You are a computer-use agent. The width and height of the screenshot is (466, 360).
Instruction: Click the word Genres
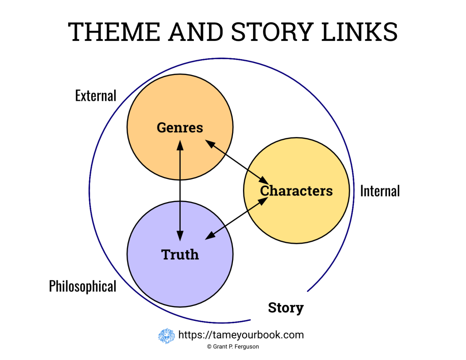click(x=180, y=127)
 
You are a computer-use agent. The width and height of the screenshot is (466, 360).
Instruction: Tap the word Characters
click(x=296, y=191)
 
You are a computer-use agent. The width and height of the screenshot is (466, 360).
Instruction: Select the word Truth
click(x=180, y=254)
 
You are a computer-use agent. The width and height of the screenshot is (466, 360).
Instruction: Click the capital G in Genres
click(x=162, y=127)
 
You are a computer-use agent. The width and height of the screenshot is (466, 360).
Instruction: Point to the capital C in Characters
click(x=264, y=191)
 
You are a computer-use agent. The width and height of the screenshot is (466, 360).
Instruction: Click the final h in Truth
click(x=195, y=254)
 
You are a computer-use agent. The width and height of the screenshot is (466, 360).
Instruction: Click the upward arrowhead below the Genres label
click(x=180, y=145)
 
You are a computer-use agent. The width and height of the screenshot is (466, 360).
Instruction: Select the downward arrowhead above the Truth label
click(x=180, y=236)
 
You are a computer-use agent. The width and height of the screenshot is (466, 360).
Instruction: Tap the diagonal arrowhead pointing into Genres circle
click(x=210, y=143)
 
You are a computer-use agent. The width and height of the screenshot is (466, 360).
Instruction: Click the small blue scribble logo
click(x=167, y=336)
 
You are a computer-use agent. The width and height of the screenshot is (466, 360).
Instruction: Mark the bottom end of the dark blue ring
click(x=250, y=320)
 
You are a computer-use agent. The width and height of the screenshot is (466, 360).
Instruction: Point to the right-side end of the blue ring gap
click(x=308, y=290)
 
